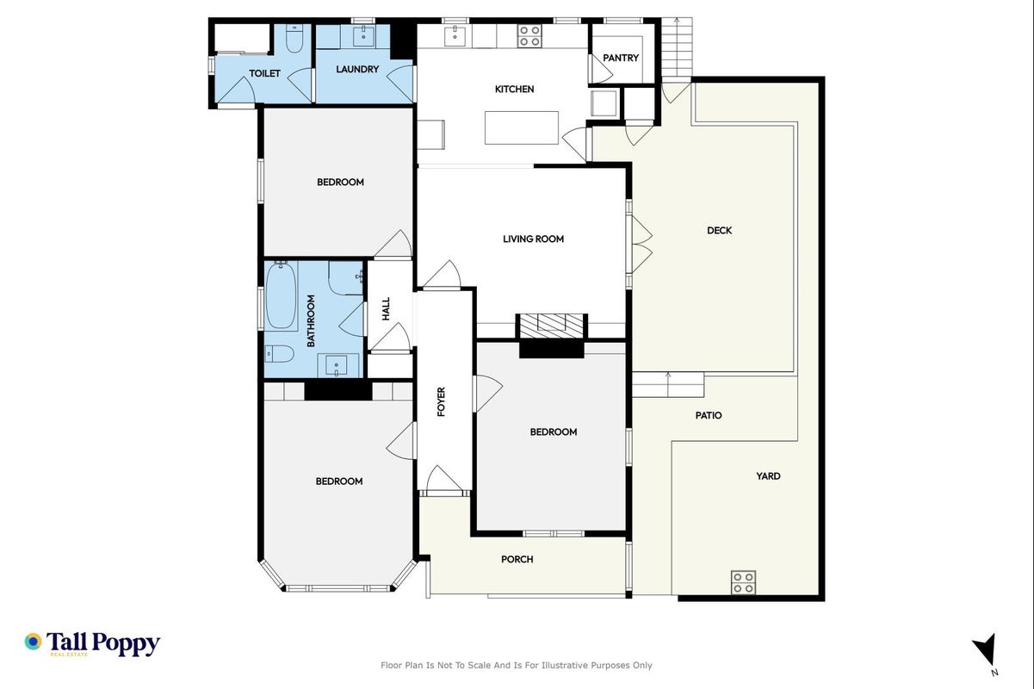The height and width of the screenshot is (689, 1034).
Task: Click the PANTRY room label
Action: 621,58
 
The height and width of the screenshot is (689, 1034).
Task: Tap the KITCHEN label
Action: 514,89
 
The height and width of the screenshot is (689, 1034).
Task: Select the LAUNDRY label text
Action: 357,69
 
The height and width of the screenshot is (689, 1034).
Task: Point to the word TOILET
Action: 264,73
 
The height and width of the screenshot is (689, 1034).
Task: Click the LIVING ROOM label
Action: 533,239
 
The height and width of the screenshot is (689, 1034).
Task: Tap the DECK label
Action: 719,231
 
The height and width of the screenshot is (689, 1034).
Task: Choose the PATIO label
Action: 709,416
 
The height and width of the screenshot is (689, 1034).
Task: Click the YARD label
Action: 768,476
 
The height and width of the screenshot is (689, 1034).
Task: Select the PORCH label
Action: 517,559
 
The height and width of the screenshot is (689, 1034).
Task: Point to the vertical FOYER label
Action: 442,401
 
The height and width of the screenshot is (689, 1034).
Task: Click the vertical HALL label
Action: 386,308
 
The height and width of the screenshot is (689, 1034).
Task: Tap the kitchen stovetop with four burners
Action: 529,36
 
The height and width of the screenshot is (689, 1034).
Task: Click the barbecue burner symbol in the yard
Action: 743,582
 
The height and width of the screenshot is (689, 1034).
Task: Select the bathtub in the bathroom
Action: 282,296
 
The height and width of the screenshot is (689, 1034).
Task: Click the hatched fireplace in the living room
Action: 551,326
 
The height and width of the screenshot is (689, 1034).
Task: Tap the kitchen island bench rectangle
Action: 522,127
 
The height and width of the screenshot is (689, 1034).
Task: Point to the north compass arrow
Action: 985,649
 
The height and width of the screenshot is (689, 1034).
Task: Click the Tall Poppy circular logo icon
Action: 34,642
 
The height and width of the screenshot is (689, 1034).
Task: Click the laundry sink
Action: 363,36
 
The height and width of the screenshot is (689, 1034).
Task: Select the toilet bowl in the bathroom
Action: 279,354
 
